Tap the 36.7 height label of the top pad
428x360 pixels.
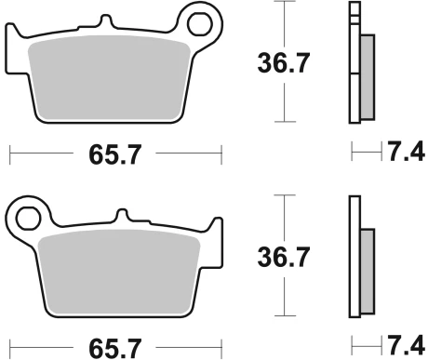[x=284, y=63]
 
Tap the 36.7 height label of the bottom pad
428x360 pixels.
[x=284, y=257]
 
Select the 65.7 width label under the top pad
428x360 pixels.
[x=115, y=154]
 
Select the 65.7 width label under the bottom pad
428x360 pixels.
[x=115, y=349]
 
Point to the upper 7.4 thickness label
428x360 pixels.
[x=407, y=152]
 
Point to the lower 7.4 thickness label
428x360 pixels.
[x=407, y=345]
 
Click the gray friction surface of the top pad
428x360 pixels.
[x=109, y=77]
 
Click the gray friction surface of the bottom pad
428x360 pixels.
[x=119, y=272]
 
